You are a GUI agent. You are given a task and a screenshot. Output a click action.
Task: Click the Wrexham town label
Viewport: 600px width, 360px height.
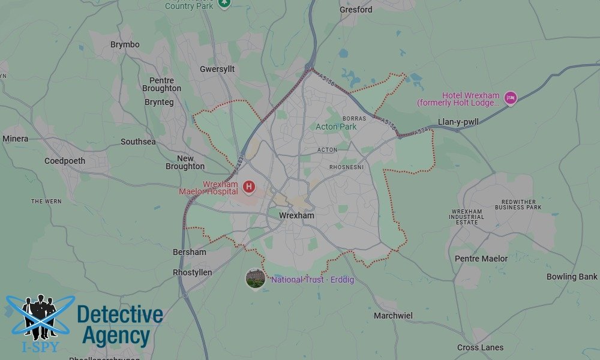point(296,215)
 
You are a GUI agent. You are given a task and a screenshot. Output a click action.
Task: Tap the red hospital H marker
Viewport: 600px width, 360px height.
point(248,187)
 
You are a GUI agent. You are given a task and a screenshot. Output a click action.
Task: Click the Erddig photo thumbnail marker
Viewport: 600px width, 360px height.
point(256,278)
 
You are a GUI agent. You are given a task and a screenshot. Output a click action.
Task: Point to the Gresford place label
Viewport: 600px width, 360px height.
point(356,10)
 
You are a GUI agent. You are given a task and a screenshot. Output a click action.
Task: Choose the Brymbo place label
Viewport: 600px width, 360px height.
point(125,44)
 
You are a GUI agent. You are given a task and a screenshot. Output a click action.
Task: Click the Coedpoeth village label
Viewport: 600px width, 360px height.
point(65,161)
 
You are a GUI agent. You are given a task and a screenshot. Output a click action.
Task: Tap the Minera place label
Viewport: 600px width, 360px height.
point(15,139)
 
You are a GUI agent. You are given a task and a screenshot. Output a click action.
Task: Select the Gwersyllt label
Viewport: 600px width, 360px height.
point(217,69)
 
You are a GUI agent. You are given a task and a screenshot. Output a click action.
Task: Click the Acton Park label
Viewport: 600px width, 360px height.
point(336,127)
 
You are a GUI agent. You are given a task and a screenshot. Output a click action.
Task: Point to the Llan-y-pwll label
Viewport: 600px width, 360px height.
point(458,122)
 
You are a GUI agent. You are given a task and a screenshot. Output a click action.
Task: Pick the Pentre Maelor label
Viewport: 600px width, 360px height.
point(481,259)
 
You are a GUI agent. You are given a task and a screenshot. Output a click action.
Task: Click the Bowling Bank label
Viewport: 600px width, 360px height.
point(572,277)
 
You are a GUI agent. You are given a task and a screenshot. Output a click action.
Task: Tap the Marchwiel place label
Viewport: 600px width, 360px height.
point(393,316)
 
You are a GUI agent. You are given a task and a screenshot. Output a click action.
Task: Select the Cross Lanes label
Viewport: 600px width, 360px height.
point(480,347)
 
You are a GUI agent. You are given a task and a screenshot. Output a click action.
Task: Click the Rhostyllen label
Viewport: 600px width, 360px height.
point(192,272)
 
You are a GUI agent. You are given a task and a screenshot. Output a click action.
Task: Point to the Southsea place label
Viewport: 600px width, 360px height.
point(138,142)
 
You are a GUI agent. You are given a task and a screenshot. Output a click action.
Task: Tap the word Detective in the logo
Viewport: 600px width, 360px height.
point(120,314)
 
